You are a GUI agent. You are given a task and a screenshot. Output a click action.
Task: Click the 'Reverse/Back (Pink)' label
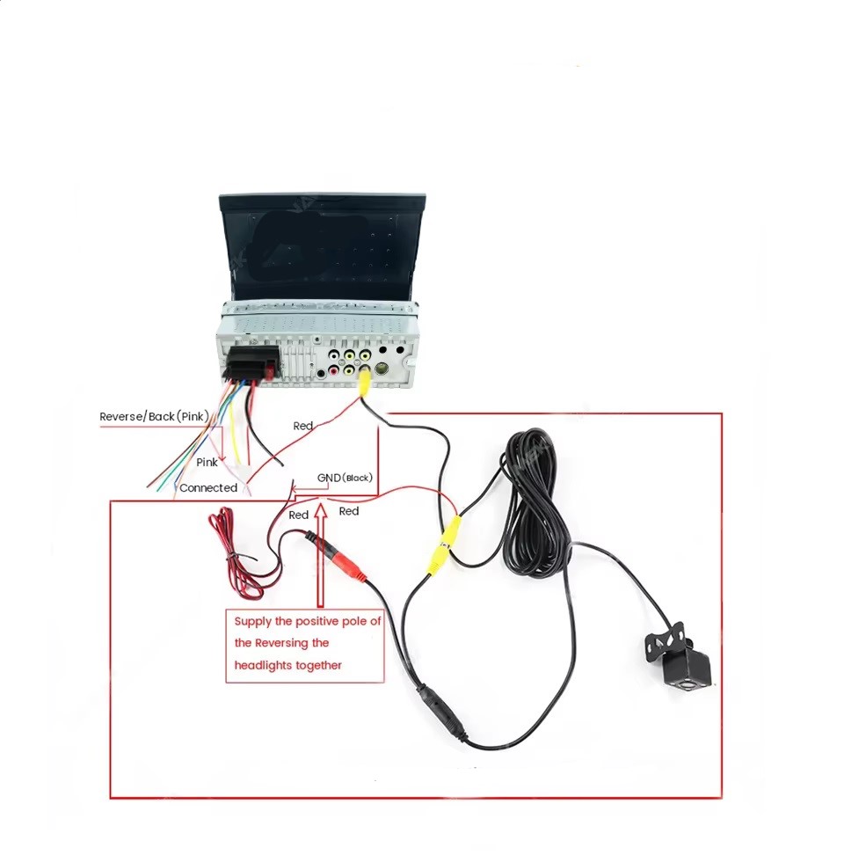point(154,417)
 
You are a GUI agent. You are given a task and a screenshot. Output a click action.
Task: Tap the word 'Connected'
point(208,487)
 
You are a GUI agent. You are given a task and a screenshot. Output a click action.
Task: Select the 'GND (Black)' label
point(345,478)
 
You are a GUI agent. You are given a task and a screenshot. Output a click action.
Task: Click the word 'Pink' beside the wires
point(207,462)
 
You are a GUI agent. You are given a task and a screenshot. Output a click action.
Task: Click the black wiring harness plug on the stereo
point(251,363)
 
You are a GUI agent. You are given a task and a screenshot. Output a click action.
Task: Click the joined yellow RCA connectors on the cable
point(443,545)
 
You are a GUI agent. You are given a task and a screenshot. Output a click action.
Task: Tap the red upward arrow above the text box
point(321,555)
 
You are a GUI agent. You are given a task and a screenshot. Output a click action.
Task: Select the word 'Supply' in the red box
point(253,622)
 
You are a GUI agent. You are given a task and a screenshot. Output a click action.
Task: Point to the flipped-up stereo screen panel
point(322,246)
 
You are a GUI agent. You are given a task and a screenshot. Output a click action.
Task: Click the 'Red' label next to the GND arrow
point(349,511)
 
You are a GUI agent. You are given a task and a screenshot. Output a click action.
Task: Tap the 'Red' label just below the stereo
point(303,426)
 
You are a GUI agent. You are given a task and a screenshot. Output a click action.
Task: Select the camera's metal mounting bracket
point(665,642)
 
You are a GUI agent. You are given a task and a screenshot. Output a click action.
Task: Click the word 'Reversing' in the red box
point(281,643)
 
